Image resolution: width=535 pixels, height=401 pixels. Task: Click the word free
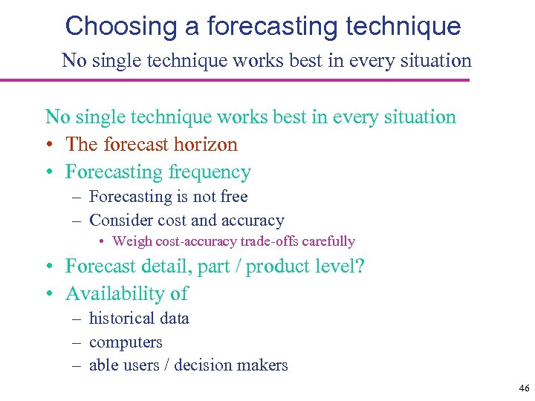(x=234, y=197)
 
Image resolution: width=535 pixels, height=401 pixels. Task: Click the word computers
(x=126, y=342)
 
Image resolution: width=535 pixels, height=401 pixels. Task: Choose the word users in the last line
(x=143, y=365)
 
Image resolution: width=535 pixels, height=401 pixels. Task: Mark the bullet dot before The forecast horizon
(x=49, y=145)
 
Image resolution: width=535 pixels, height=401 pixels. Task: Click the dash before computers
(x=77, y=342)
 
